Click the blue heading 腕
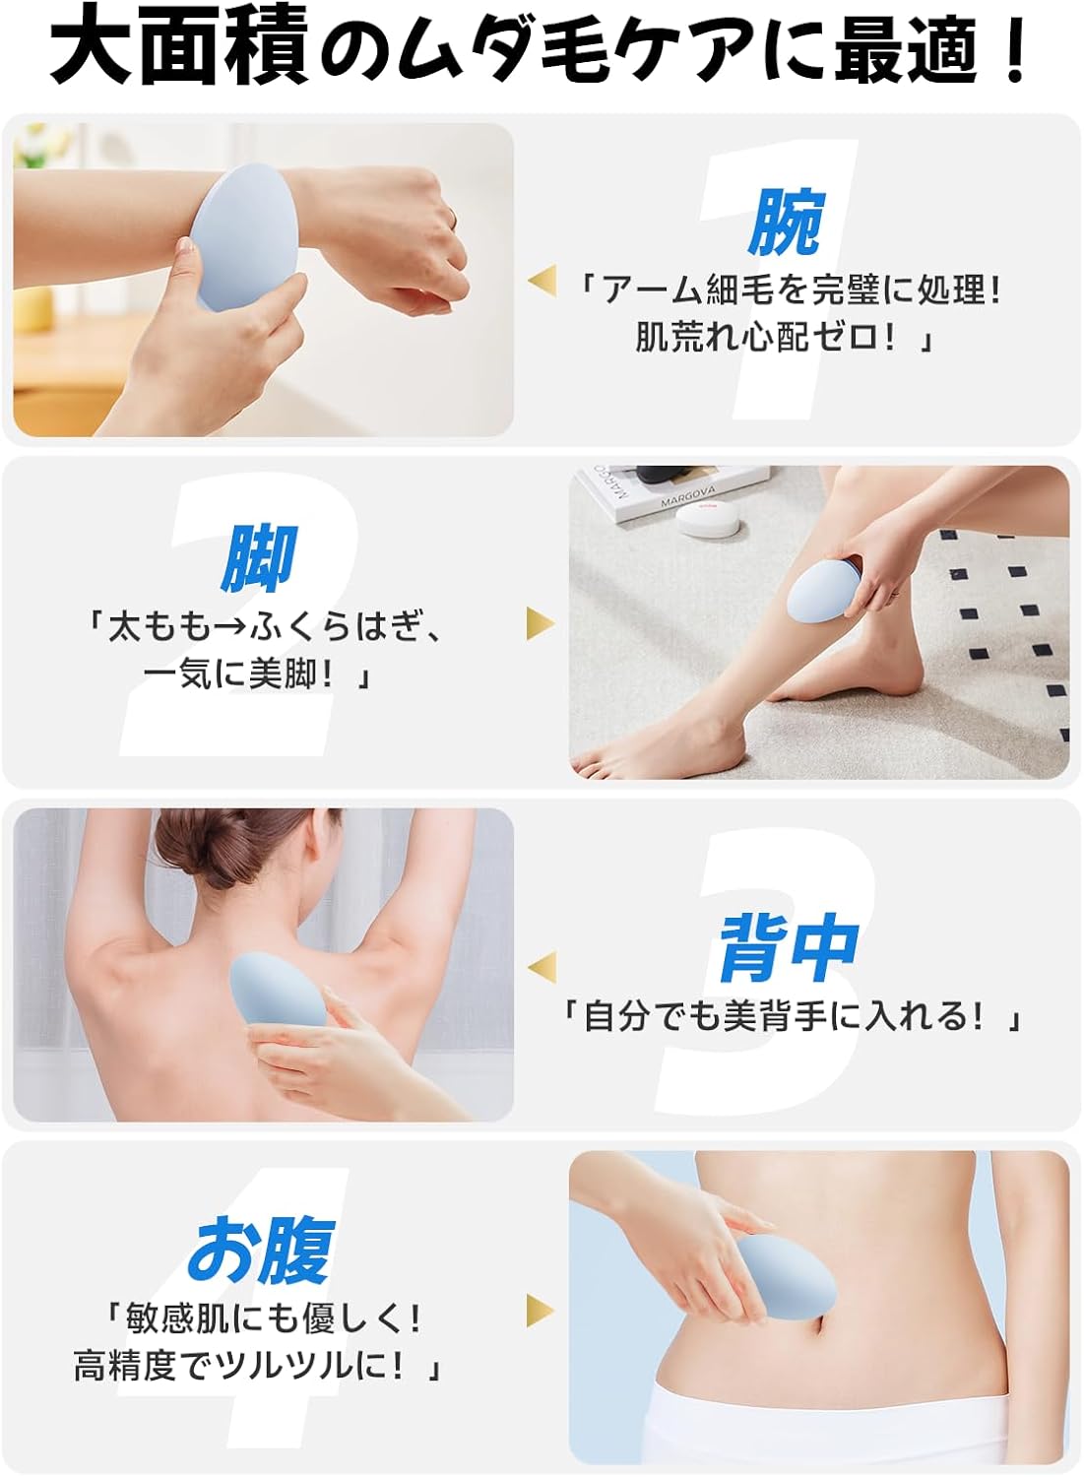point(786,223)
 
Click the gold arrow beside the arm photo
point(542,281)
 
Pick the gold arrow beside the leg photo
point(541,623)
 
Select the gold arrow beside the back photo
point(542,967)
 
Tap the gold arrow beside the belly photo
point(541,1311)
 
